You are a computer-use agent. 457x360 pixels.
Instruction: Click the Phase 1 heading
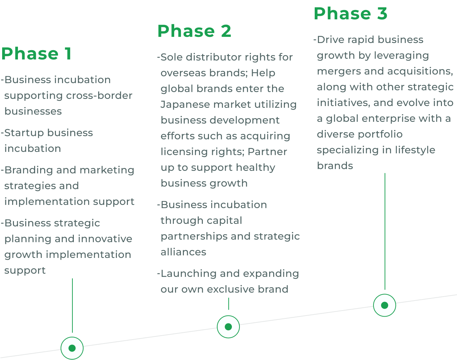coord(36,54)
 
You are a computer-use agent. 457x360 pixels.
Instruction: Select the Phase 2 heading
coord(194,31)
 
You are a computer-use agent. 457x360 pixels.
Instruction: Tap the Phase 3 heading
coord(351,14)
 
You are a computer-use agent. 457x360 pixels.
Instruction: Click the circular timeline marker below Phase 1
coord(72,348)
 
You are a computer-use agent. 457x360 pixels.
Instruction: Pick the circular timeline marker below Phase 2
coord(228,327)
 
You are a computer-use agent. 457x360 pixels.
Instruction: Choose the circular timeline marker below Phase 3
coord(385,305)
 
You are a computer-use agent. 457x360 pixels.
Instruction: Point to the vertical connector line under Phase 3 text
coord(385,231)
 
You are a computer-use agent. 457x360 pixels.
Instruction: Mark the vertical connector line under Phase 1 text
coord(72,305)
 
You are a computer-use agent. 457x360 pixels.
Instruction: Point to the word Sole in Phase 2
coord(172,57)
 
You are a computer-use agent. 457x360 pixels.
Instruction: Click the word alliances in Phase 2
coord(183,252)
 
